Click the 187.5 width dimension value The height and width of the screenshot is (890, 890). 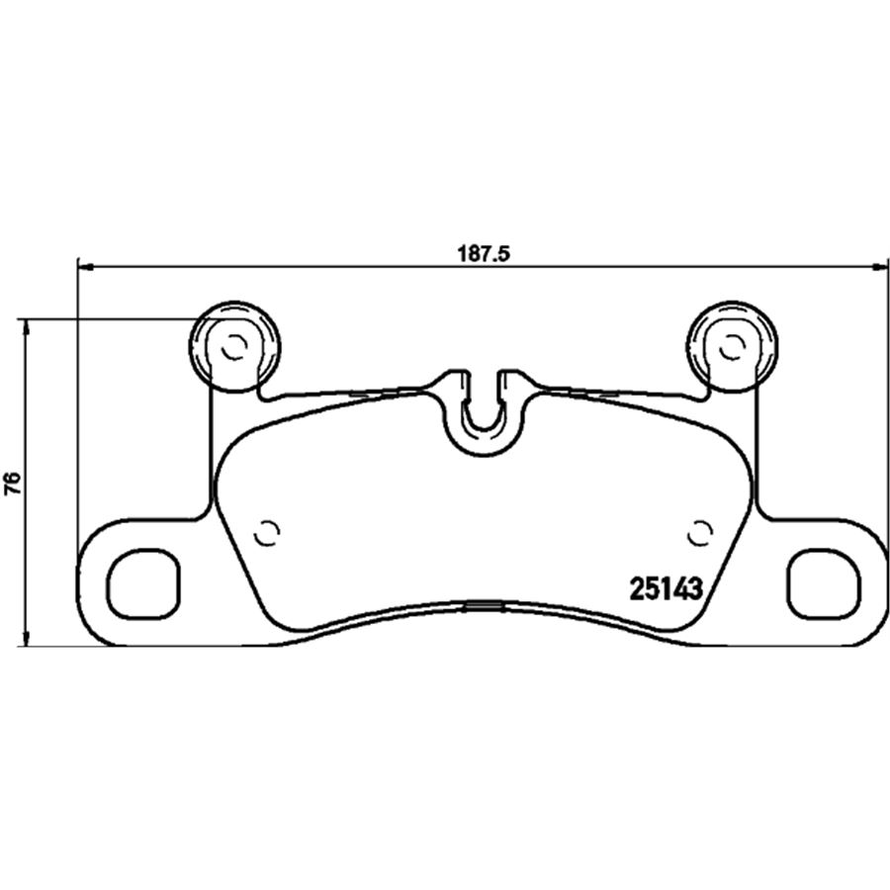click(x=484, y=254)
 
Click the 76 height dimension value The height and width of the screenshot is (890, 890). click(x=13, y=483)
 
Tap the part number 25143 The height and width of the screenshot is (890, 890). click(x=667, y=588)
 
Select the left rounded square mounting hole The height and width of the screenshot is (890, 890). click(x=143, y=584)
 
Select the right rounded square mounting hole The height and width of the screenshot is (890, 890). click(x=824, y=584)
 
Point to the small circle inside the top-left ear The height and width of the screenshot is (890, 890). click(x=233, y=347)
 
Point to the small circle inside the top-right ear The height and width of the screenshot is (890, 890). click(x=731, y=347)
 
